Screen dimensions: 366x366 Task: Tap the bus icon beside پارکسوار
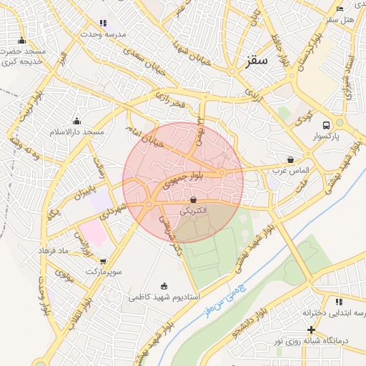pyautogui.click(x=327, y=123)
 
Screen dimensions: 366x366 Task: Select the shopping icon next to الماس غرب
pyautogui.click(x=290, y=159)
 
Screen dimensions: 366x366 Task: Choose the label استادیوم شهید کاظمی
pyautogui.click(x=164, y=296)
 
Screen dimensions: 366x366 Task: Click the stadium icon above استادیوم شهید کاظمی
pyautogui.click(x=166, y=285)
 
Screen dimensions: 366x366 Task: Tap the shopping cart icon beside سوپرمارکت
pyautogui.click(x=104, y=262)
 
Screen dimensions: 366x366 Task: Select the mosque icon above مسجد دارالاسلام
pyautogui.click(x=76, y=121)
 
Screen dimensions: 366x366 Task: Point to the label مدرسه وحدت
pyautogui.click(x=104, y=34)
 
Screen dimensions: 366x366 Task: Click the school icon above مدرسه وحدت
pyautogui.click(x=104, y=23)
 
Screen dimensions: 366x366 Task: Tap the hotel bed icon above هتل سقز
pyautogui.click(x=340, y=9)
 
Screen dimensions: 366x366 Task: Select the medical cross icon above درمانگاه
pyautogui.click(x=311, y=330)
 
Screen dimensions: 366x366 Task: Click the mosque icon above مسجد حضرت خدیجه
pyautogui.click(x=22, y=40)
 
